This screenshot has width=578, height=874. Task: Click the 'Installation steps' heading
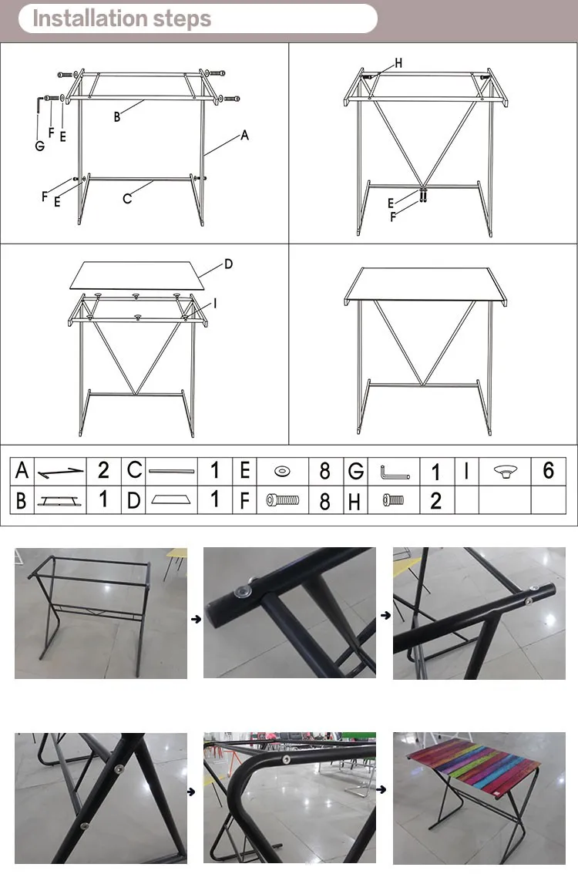(122, 18)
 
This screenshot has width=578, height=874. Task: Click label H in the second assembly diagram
(398, 63)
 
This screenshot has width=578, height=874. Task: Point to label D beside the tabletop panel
(229, 264)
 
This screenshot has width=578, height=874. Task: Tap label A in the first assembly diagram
(244, 135)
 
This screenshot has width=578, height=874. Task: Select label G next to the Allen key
(39, 146)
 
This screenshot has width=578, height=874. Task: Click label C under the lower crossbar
(127, 198)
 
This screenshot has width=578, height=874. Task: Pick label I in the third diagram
(215, 303)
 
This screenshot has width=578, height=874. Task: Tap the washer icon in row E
(283, 472)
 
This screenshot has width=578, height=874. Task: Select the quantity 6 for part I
(549, 470)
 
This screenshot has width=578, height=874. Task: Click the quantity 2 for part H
(436, 500)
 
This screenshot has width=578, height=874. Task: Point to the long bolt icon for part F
(283, 500)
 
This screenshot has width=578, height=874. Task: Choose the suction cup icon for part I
(506, 472)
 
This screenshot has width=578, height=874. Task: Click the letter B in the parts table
(21, 500)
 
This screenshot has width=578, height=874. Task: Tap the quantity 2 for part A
(103, 470)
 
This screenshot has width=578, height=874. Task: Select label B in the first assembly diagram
(117, 116)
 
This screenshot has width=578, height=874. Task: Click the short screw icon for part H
(393, 500)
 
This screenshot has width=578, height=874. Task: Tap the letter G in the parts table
(355, 472)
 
